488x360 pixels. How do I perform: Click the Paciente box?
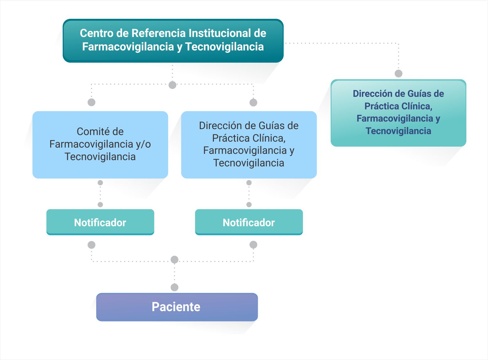coord(177,307)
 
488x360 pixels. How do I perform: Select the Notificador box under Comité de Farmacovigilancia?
coord(100,222)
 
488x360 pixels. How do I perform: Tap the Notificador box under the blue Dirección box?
coord(249,222)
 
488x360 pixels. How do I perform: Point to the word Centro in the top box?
coord(96,33)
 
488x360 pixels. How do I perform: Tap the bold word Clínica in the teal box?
coord(417,106)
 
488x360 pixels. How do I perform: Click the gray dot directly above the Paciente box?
coord(174,287)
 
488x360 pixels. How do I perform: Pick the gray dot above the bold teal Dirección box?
coord(398,73)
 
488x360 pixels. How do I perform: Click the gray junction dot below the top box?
coord(172,85)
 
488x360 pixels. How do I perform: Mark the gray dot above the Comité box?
coord(91,102)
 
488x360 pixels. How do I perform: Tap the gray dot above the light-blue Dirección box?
coord(253,102)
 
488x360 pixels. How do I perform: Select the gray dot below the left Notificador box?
coord(91,245)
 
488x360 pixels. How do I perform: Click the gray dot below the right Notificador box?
coord(253,245)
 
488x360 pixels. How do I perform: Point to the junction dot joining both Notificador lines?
coord(174,259)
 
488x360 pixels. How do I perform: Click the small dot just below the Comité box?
coord(100,183)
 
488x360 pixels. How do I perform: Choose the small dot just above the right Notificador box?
coord(249,205)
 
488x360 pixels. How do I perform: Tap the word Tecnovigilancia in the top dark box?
coord(225,47)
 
